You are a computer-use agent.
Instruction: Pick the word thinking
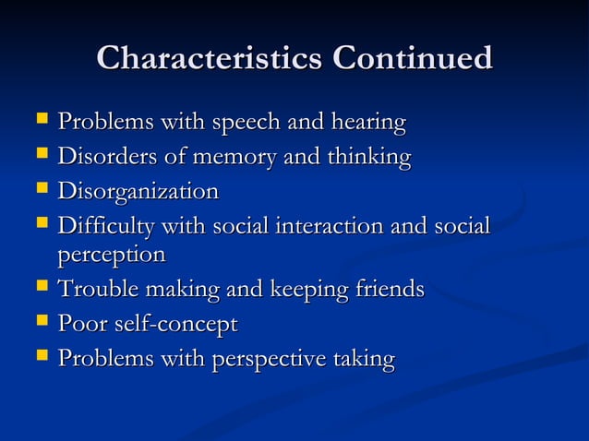367,158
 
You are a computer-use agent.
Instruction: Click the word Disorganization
138,193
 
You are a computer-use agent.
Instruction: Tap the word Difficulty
107,227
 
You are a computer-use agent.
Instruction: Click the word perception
112,254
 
